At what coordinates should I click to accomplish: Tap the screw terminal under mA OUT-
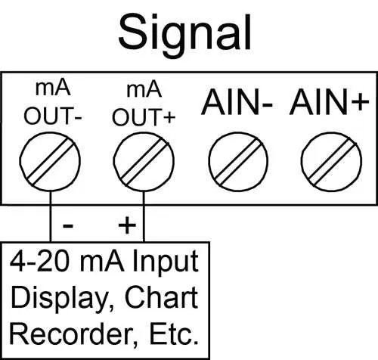click(50, 162)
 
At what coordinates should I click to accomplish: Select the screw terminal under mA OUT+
click(144, 162)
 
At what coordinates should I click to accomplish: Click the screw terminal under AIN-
click(238, 162)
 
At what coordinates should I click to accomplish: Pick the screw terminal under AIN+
click(332, 162)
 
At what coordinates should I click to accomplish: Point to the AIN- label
click(237, 102)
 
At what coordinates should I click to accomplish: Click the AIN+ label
click(330, 102)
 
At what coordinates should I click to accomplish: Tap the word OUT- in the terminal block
click(53, 116)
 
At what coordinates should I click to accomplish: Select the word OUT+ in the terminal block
click(144, 117)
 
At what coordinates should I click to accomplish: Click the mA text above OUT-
click(53, 88)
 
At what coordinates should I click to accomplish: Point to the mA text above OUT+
click(144, 90)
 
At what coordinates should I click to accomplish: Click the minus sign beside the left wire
click(68, 225)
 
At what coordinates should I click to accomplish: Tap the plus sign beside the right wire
click(127, 225)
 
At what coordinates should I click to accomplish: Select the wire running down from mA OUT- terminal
click(51, 216)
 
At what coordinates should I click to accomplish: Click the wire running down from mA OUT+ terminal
click(144, 217)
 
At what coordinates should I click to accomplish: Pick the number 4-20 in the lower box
click(39, 262)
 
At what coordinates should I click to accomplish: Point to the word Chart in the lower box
click(161, 297)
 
